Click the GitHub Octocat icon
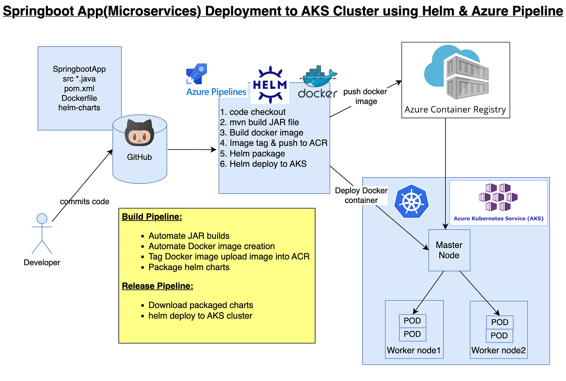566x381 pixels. coord(140,133)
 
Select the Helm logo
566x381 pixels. coord(270,85)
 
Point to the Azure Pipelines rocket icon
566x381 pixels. coord(197,74)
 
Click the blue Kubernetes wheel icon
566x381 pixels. coord(412,201)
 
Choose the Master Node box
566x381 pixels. coord(449,250)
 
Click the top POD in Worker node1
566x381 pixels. coord(413,321)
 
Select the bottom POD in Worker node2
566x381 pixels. coord(500,336)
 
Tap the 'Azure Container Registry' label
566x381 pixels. coord(455,110)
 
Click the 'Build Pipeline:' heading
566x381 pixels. coord(152,217)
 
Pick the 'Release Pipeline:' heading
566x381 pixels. coord(158,286)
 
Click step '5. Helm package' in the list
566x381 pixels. coord(252,154)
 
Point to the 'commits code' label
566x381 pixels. coord(85,202)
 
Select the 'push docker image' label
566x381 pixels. coord(366,96)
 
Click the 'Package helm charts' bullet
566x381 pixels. coord(189,267)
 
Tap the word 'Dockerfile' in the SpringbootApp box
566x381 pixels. coord(79,98)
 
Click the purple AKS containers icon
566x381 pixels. coord(498,197)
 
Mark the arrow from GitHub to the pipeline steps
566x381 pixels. coord(192,150)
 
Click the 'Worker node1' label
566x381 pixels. coord(413,351)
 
